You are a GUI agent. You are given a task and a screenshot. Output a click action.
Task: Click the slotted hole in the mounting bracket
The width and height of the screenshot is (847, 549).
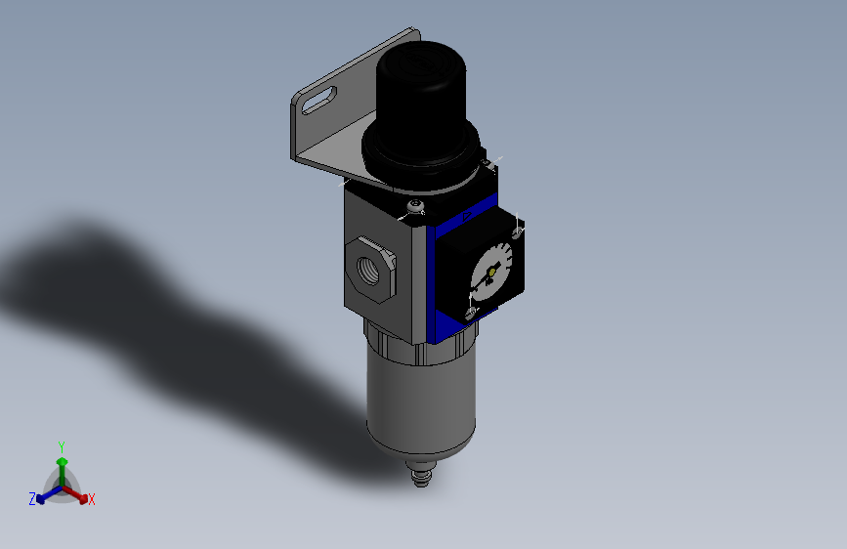click(320, 98)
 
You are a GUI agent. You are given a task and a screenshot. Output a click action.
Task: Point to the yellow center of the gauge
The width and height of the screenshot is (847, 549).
click(491, 271)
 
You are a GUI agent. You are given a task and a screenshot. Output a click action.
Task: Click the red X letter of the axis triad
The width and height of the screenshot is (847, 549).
click(92, 500)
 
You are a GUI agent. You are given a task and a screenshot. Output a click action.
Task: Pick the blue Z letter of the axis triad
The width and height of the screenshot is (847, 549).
click(31, 499)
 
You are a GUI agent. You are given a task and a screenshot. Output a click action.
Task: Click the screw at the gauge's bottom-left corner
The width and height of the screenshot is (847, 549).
click(470, 313)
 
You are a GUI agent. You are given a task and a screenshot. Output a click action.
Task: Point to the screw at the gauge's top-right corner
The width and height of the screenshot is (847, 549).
click(519, 231)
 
